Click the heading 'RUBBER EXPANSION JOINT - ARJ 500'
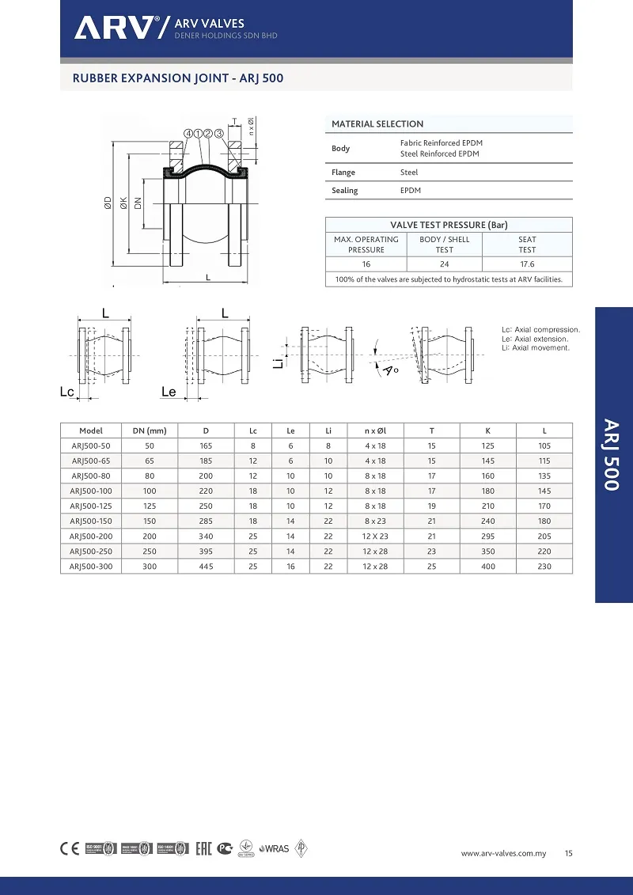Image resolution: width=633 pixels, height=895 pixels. [178, 78]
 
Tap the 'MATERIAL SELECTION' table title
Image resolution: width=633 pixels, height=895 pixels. [377, 124]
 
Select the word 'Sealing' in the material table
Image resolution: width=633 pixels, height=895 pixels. [344, 191]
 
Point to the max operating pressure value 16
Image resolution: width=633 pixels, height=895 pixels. [366, 264]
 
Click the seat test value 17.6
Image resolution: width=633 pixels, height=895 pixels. [527, 264]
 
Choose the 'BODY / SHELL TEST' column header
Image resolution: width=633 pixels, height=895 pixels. [444, 245]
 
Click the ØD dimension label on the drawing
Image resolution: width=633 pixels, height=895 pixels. [108, 204]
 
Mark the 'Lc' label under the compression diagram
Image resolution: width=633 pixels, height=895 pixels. [67, 392]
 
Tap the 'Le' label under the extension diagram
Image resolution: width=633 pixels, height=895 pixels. [169, 392]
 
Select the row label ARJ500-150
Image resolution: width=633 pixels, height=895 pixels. [91, 521]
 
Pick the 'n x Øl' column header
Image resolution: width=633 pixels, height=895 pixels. [375, 431]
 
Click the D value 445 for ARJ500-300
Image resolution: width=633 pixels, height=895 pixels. [206, 567]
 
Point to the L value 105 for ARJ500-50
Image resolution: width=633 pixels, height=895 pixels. [544, 446]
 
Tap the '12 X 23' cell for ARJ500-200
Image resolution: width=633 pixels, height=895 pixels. [375, 537]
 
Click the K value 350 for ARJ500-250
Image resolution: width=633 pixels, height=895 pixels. [487, 552]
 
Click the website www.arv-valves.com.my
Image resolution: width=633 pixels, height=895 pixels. [504, 854]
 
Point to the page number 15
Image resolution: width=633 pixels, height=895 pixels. [569, 854]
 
